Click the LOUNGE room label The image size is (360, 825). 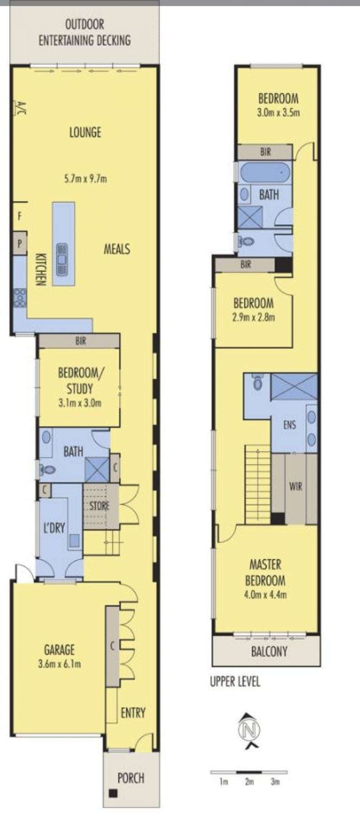coord(85,132)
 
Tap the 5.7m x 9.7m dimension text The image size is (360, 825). coord(85,179)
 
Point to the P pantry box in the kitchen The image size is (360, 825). coord(20,243)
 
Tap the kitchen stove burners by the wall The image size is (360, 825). coord(20,298)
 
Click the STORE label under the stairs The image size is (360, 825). coord(99,506)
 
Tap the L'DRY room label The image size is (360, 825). coord(54,527)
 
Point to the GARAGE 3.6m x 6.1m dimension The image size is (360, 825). coord(59,664)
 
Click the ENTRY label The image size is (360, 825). coord(133,713)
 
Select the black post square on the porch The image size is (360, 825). coord(112,794)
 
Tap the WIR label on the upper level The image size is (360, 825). coord(296,486)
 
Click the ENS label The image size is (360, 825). coord(290,424)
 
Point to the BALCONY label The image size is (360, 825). coord(269,651)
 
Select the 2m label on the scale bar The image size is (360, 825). coord(250,782)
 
